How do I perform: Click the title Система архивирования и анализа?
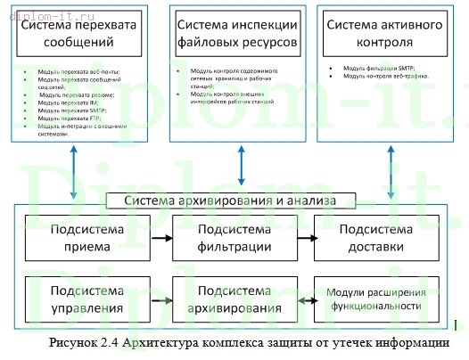pos(234,201)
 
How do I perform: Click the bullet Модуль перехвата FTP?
pos(70,118)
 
